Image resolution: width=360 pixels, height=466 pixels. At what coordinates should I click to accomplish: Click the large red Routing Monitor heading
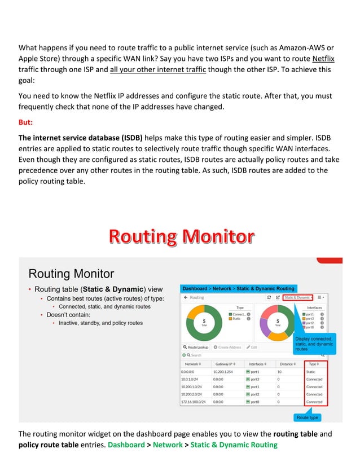tap(181, 236)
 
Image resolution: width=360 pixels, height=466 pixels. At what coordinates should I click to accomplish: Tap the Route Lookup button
tap(195, 347)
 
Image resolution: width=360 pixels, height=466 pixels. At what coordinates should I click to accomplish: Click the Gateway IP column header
tap(227, 364)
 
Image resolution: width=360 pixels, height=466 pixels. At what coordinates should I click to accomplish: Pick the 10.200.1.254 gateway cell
tap(225, 372)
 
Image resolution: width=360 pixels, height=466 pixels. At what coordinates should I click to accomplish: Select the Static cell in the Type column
tap(311, 372)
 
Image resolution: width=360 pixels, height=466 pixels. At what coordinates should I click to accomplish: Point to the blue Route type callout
tap(308, 417)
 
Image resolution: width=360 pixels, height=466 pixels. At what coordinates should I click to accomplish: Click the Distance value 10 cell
tap(279, 372)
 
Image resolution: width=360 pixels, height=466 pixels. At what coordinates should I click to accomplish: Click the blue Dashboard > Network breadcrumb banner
tap(238, 288)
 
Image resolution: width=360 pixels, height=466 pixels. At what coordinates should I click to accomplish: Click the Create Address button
tap(227, 347)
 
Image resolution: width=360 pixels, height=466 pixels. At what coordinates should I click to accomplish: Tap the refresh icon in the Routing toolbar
tap(269, 297)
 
